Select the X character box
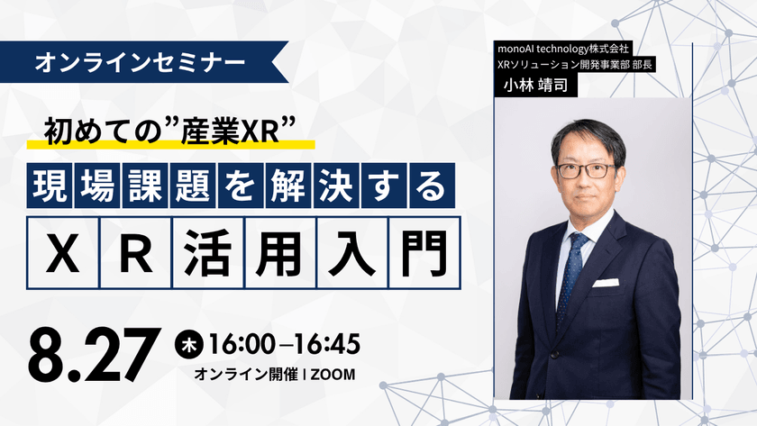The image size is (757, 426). pyautogui.click(x=62, y=246)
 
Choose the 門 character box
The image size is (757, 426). pyautogui.click(x=423, y=246)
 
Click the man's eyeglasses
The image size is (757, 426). pyautogui.click(x=586, y=169)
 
